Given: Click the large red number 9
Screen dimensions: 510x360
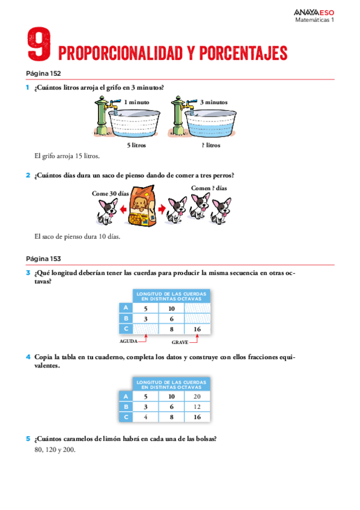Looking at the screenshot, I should [38, 46].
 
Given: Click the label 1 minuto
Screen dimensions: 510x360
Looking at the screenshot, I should [136, 102].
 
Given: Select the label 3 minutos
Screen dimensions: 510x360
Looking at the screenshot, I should [213, 102].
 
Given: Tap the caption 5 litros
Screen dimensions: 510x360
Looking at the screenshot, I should [136, 145].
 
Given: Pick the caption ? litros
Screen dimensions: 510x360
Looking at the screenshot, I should [210, 145].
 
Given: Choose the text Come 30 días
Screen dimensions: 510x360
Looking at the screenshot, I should [110, 194].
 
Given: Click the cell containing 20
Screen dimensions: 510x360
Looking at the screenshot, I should [197, 396].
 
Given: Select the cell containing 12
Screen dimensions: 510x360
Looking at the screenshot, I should [197, 407].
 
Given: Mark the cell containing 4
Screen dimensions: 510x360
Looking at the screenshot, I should [145, 417].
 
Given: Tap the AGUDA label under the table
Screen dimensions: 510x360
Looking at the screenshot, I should [128, 340].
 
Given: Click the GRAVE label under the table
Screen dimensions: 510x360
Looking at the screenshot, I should [180, 342].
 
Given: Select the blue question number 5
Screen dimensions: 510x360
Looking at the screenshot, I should [28, 438].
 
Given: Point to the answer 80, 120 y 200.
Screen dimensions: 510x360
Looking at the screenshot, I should [55, 449].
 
